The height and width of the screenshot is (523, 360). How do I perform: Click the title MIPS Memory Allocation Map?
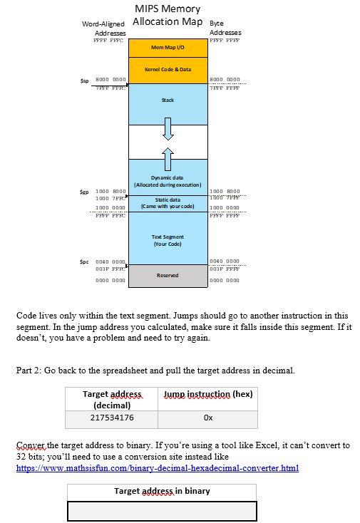tap(168, 15)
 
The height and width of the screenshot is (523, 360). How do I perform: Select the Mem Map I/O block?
tap(168, 47)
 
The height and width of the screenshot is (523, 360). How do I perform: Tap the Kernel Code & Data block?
tap(168, 70)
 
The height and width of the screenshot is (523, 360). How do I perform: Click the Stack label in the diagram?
tap(168, 100)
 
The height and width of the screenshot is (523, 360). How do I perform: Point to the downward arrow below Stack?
tap(168, 129)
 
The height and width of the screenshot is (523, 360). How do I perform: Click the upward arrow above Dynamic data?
tap(168, 155)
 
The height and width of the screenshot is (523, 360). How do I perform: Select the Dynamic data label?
tap(168, 181)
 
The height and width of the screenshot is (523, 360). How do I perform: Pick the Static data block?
tap(168, 203)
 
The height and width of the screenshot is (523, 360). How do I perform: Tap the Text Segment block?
tap(168, 240)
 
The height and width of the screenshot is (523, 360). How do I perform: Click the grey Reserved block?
tap(168, 275)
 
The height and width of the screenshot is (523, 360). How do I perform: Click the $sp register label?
tap(84, 80)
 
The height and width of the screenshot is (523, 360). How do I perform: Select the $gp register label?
tap(84, 192)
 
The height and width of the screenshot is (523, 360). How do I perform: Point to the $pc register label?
tap(84, 261)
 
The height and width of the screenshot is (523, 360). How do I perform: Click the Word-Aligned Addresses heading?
tap(104, 29)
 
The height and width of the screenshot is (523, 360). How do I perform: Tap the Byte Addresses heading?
tap(225, 29)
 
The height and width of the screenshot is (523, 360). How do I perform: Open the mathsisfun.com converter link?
tap(157, 468)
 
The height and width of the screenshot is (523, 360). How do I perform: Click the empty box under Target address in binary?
tap(162, 512)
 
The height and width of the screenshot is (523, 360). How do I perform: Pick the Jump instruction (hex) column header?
tap(208, 394)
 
